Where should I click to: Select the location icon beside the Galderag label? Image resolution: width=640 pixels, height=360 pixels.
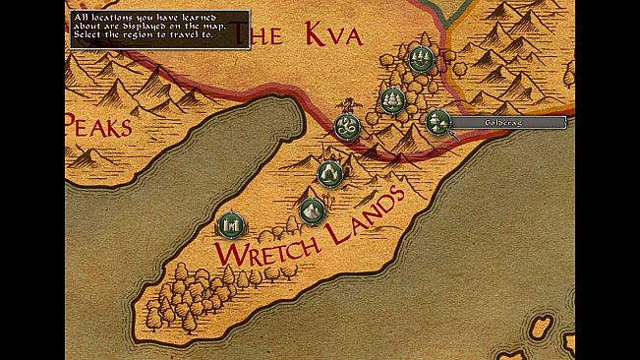(x=436, y=121)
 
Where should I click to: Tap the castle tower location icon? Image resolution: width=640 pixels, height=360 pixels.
(x=229, y=225)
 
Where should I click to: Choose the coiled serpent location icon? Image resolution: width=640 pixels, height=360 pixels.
(x=347, y=127)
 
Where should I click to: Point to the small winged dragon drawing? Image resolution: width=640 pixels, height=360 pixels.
(x=346, y=103)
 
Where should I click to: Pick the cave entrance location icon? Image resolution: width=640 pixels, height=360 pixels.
(x=330, y=173)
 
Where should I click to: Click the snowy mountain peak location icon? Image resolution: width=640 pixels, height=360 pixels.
(x=312, y=210)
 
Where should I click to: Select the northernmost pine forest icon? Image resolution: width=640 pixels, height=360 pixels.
(x=421, y=59)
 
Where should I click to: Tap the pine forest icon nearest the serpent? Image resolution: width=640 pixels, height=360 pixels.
(x=392, y=99)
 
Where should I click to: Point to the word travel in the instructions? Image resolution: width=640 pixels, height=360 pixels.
(x=171, y=34)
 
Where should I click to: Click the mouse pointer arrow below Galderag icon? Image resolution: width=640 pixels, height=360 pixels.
(x=453, y=135)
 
